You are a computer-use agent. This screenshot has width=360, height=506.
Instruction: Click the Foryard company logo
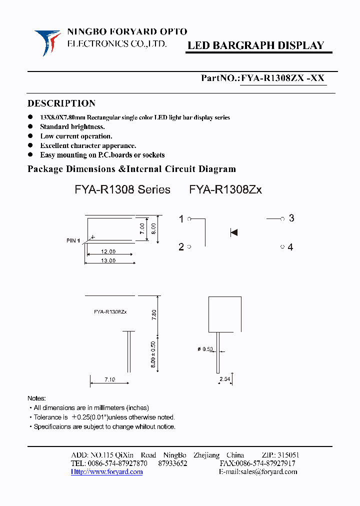[47, 40]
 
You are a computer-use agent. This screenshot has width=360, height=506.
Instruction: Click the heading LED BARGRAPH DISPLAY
[255, 45]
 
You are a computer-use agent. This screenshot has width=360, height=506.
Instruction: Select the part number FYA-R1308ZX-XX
[283, 78]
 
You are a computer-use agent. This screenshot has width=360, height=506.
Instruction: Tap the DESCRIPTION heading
[61, 103]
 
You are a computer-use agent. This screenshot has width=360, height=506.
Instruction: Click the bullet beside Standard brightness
[30, 126]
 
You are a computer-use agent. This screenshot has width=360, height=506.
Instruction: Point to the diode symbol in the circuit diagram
[233, 232]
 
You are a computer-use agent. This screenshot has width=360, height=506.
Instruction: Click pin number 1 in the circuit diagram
[181, 218]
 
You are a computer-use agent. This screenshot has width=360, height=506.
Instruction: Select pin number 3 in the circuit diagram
[291, 218]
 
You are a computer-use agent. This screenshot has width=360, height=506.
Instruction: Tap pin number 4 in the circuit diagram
[290, 247]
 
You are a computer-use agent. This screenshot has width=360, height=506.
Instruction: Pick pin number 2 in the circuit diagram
[181, 247]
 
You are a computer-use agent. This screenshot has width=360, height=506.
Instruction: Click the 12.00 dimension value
[108, 251]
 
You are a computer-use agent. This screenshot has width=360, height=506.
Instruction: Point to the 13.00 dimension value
[108, 260]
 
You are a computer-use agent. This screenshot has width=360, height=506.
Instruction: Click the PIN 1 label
[73, 241]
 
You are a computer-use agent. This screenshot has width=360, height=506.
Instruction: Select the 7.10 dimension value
[109, 380]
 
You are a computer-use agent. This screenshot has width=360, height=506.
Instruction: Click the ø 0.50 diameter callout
[205, 349]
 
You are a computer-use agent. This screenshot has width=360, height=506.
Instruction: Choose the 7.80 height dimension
[154, 315]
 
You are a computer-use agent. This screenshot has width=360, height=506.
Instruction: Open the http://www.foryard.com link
[107, 472]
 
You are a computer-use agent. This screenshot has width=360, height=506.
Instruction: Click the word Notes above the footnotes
[36, 398]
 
